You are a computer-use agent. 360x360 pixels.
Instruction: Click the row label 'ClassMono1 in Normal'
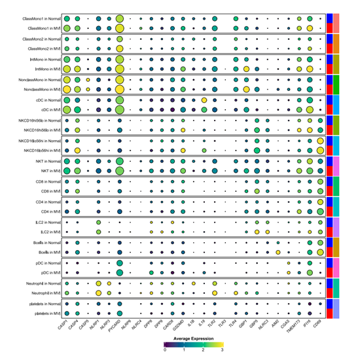point(40,19)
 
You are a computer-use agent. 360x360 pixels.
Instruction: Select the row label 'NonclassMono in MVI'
point(41,89)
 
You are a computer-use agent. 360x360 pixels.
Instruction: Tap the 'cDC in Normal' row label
point(47,99)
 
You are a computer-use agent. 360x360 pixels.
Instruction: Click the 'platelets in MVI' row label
point(46,314)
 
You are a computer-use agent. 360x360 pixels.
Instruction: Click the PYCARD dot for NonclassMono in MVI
point(119,90)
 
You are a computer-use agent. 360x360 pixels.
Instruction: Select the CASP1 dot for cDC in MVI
point(66,110)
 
